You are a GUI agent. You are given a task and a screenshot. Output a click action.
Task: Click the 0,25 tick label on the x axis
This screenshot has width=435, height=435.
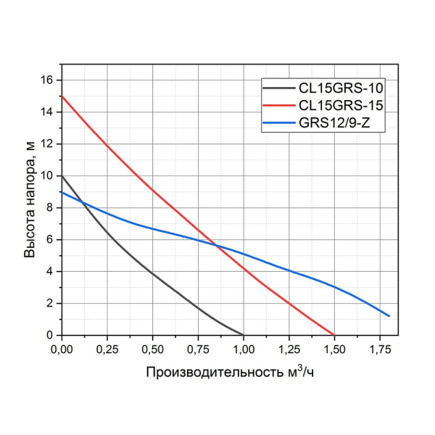pyautogui.click(x=107, y=349)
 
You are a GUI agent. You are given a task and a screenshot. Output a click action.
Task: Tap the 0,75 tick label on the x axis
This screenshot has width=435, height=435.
pyautogui.click(x=198, y=349)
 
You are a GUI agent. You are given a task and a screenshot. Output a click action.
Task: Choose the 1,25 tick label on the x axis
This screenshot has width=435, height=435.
pyautogui.click(x=289, y=349)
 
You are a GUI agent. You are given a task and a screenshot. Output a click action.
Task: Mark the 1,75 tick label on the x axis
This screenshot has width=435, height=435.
pyautogui.click(x=379, y=349)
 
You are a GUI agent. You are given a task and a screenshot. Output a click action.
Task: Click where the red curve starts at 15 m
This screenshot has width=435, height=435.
pyautogui.click(x=62, y=96)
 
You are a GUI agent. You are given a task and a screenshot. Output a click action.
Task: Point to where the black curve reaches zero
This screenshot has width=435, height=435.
pyautogui.click(x=244, y=335)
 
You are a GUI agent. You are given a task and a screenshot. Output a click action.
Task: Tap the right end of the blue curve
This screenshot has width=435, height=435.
pyautogui.click(x=389, y=316)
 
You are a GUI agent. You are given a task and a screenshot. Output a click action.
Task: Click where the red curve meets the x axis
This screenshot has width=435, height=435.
pyautogui.click(x=334, y=335)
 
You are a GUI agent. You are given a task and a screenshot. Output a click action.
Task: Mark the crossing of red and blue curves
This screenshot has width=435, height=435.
pyautogui.click(x=215, y=245)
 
